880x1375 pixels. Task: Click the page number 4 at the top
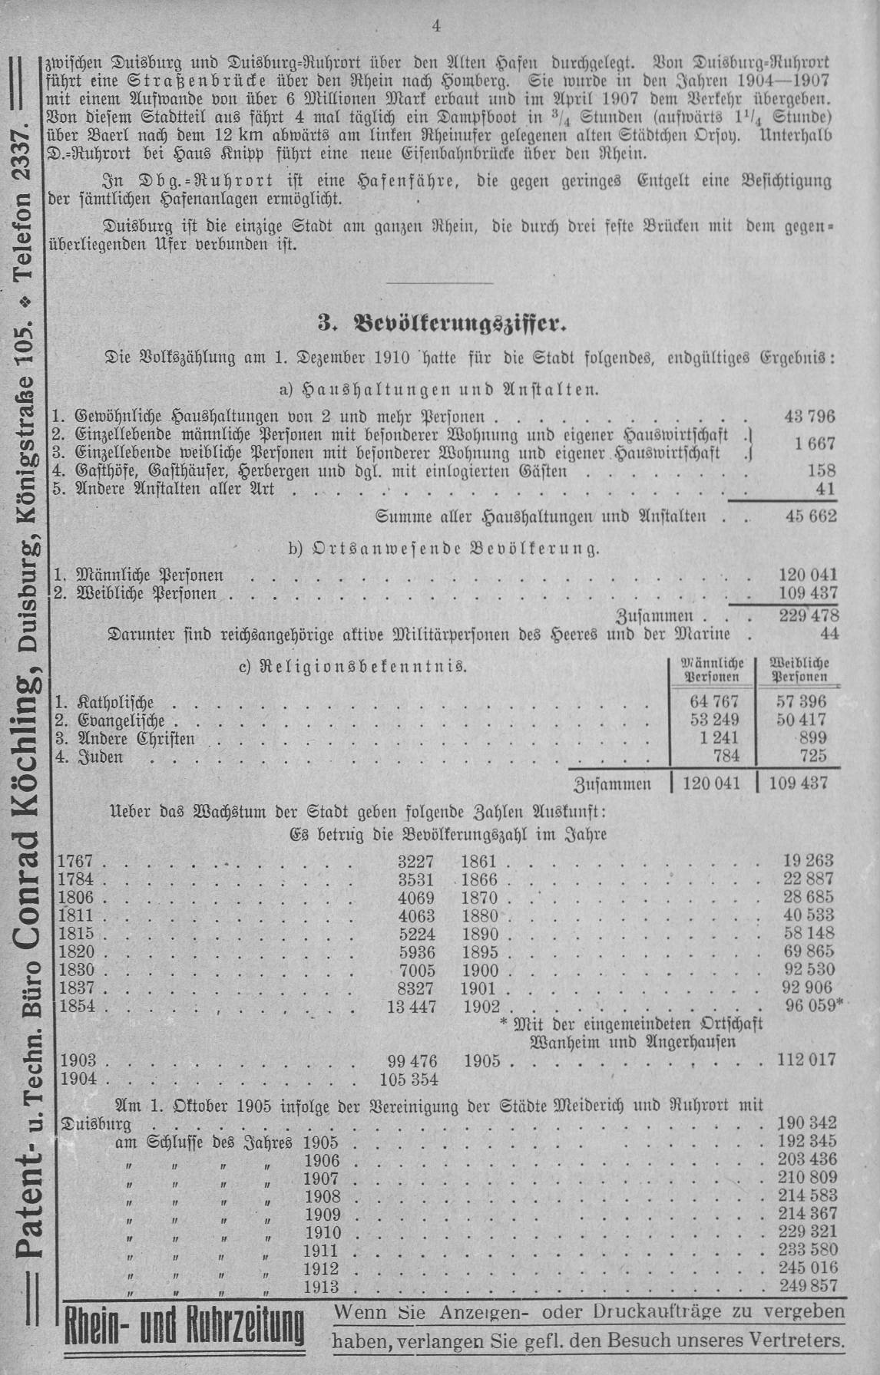(x=436, y=26)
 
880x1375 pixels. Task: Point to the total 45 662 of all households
(x=810, y=516)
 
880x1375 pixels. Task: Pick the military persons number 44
(x=829, y=634)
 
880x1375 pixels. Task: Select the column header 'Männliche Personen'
(x=713, y=670)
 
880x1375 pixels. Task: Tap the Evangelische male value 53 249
(x=714, y=720)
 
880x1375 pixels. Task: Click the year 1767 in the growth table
(x=75, y=861)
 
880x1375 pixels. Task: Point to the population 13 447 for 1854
(x=412, y=1007)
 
